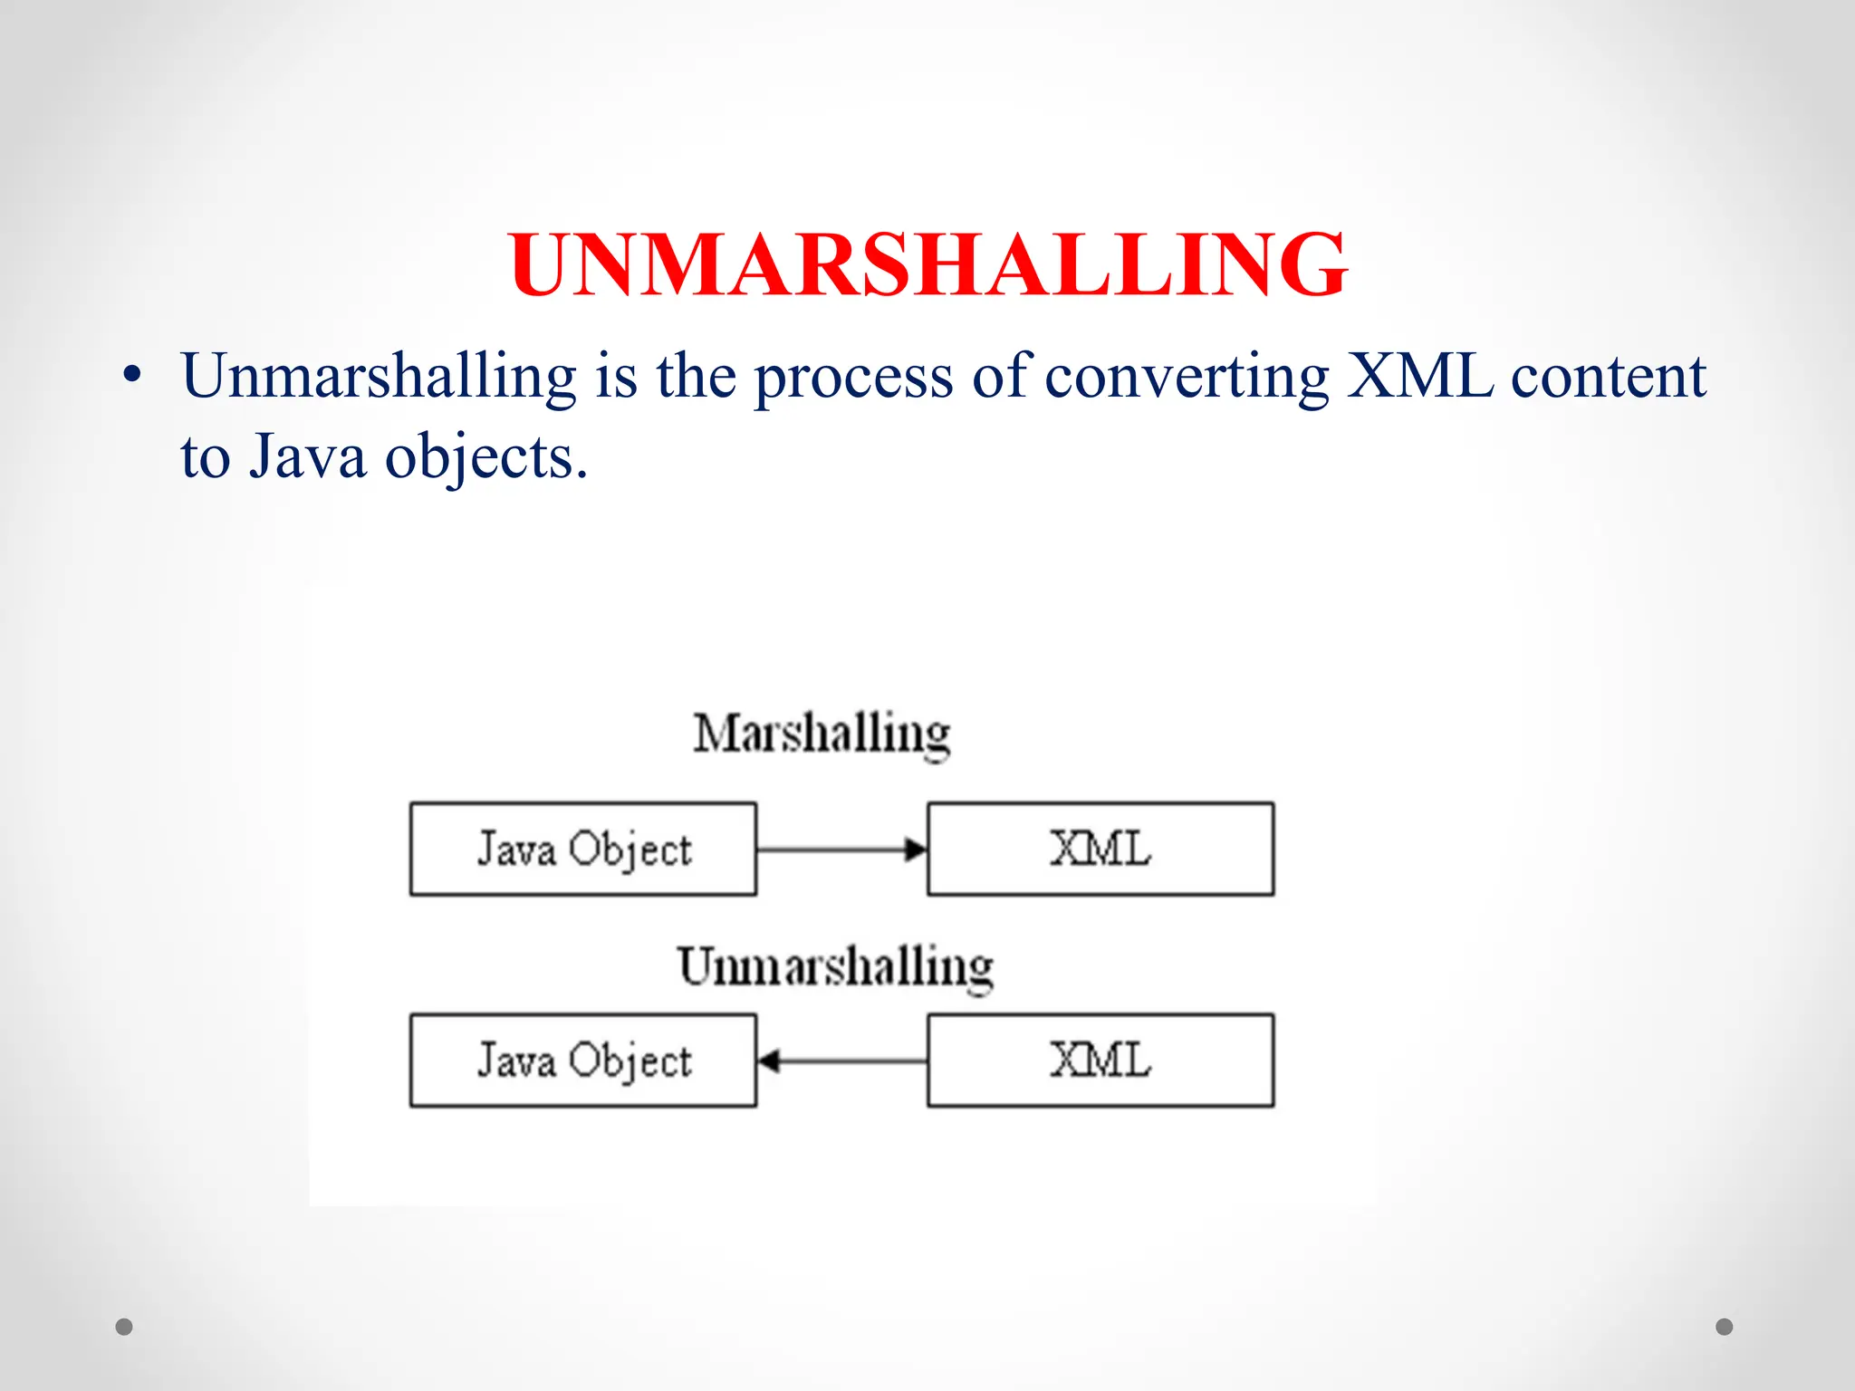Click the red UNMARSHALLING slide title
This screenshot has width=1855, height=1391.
pyautogui.click(x=927, y=264)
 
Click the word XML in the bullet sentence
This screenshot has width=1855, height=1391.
pyautogui.click(x=1419, y=376)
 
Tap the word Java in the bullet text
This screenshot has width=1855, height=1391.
pyautogui.click(x=308, y=456)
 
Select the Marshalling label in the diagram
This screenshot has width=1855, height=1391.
pyautogui.click(x=822, y=733)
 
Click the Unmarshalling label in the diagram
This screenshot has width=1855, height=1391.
pyautogui.click(x=834, y=966)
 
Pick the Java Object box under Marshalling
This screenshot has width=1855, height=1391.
pyautogui.click(x=583, y=849)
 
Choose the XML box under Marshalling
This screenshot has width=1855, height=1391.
pyautogui.click(x=1101, y=849)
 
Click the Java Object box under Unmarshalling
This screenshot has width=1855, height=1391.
pyautogui.click(x=583, y=1060)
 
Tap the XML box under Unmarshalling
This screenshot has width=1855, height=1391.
pyautogui.click(x=1101, y=1060)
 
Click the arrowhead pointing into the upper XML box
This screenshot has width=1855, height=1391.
pyautogui.click(x=917, y=849)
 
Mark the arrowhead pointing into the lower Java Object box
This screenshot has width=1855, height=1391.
pyautogui.click(x=769, y=1060)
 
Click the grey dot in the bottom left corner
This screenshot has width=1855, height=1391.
pyautogui.click(x=124, y=1327)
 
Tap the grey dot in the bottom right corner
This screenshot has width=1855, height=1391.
pyautogui.click(x=1725, y=1327)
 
